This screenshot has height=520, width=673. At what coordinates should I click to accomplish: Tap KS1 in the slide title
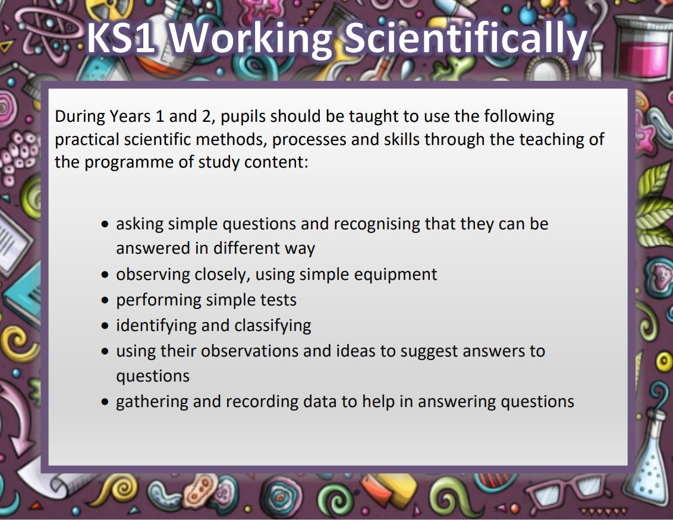[x=121, y=38]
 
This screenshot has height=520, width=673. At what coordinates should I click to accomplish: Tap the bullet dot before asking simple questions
[x=105, y=225]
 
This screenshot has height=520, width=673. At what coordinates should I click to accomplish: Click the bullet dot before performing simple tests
[x=105, y=300]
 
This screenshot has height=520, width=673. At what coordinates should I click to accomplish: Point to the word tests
[x=278, y=300]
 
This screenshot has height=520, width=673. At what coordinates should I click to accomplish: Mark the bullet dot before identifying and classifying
[x=105, y=326]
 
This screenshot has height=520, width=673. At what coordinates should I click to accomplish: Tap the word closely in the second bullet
[x=222, y=275]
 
